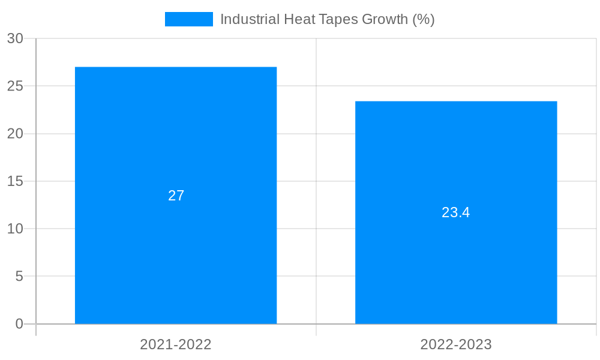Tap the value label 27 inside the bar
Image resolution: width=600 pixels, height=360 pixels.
176,196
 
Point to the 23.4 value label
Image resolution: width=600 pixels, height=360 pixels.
456,212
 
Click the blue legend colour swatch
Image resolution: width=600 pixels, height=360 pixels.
189,19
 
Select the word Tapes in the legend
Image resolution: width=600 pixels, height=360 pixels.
336,19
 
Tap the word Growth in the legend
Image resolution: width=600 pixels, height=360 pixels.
385,19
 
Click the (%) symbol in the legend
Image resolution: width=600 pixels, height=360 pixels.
424,19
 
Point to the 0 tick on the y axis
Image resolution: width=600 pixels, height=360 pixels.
19,324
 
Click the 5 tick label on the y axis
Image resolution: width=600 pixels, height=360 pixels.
19,277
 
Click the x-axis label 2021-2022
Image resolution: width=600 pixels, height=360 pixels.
176,344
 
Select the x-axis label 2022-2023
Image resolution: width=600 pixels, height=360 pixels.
456,344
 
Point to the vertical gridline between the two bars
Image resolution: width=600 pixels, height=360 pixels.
316,180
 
